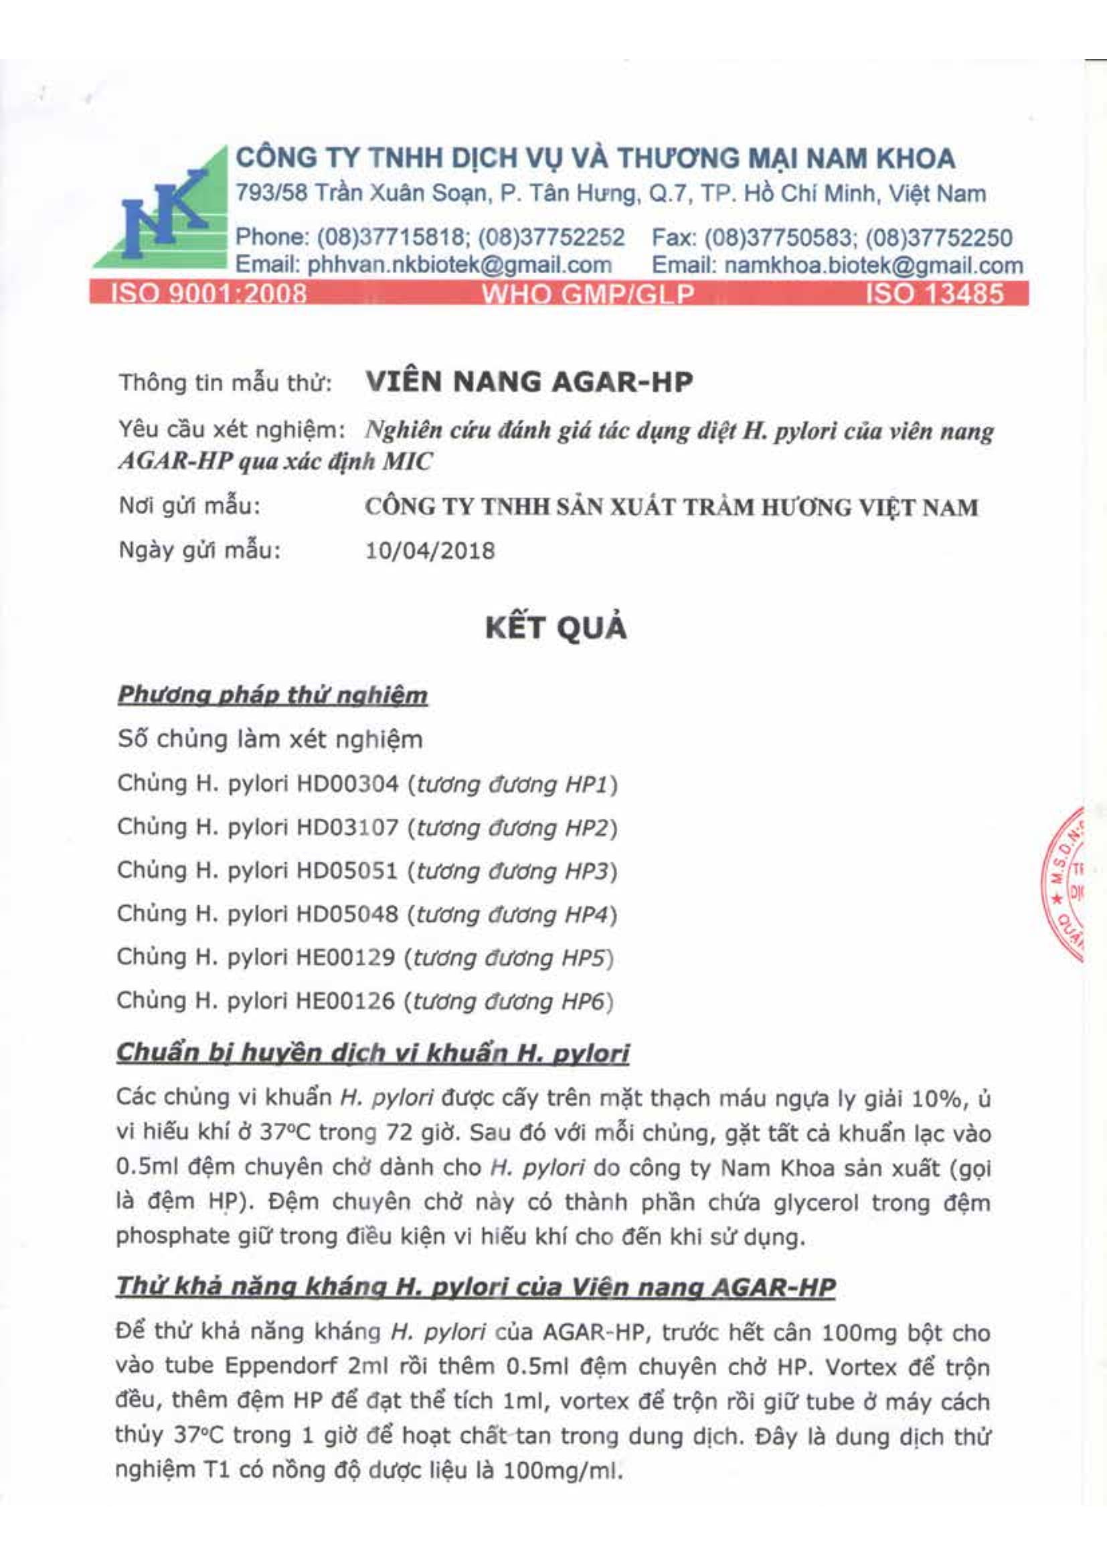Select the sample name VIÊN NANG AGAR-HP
click(529, 381)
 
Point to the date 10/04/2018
click(430, 550)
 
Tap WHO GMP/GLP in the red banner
click(588, 294)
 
